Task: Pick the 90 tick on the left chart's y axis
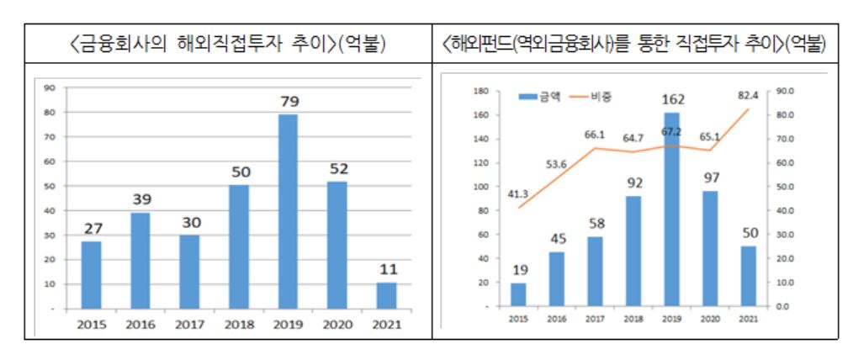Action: coord(50,87)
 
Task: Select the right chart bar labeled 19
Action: coord(518,294)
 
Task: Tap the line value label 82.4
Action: coord(748,95)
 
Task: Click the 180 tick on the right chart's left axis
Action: coord(481,91)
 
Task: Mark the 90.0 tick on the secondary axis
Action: coord(784,91)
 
